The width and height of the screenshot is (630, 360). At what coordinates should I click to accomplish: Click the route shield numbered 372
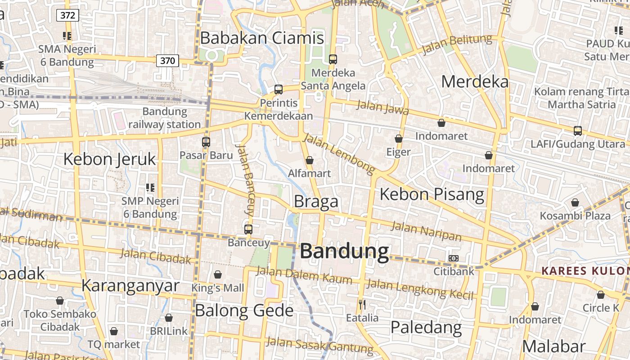click(67, 16)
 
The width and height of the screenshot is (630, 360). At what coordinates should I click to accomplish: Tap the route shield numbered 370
click(167, 60)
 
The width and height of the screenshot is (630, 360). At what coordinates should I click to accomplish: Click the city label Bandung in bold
click(344, 251)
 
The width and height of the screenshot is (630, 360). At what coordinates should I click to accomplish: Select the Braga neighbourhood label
click(316, 202)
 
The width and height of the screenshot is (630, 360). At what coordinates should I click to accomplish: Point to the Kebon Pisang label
click(432, 194)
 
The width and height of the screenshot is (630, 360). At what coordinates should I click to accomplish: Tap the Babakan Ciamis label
click(262, 38)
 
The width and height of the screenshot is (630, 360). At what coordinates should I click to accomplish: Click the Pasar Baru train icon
click(206, 142)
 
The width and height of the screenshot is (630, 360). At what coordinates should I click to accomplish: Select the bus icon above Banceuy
click(248, 229)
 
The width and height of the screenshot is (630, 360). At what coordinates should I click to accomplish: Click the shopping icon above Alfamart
click(310, 160)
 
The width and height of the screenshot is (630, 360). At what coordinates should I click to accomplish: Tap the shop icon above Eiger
click(399, 139)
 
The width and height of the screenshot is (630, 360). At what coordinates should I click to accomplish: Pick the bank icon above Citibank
click(454, 258)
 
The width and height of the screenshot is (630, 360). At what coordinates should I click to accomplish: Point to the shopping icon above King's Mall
click(218, 274)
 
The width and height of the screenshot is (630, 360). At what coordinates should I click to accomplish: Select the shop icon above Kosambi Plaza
click(575, 202)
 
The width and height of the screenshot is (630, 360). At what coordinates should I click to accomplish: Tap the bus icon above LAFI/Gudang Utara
click(578, 131)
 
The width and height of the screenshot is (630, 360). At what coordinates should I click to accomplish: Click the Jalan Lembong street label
click(339, 154)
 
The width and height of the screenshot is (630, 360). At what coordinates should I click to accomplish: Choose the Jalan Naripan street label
click(426, 231)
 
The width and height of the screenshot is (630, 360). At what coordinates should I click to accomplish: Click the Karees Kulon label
click(585, 271)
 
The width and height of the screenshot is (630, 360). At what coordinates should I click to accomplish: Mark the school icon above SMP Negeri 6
click(150, 188)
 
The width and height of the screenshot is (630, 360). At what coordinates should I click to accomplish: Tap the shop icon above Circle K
click(601, 295)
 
